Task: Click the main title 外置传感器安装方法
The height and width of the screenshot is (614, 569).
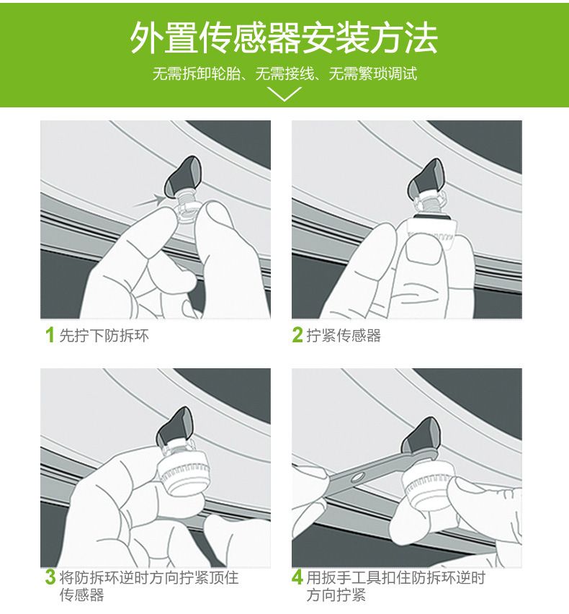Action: click(284, 37)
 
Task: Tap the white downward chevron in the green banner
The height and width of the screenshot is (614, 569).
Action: click(284, 94)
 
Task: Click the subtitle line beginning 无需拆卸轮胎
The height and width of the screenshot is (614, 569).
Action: click(284, 74)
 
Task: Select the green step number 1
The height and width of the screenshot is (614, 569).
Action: click(50, 335)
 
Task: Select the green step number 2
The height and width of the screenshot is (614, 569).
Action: click(297, 335)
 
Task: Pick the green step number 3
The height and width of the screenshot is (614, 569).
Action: click(50, 577)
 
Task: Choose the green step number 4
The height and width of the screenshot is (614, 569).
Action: click(297, 577)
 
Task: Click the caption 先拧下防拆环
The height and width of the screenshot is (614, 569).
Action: click(104, 336)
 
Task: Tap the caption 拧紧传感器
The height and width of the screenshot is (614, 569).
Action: click(344, 336)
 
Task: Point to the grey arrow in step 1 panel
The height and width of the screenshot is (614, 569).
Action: click(149, 200)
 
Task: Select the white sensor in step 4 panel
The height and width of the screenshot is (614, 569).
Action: click(428, 486)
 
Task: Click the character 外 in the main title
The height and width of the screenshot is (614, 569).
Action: click(147, 37)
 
